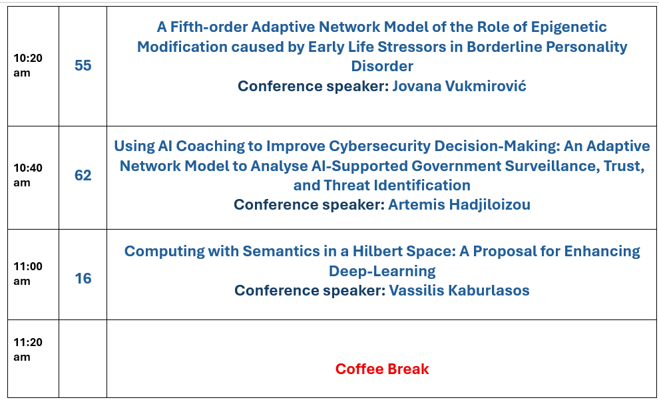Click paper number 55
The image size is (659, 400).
pos(83,65)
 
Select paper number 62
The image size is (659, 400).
pos(83,175)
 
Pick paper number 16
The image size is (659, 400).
pos(83,278)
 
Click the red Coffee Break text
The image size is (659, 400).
pos(382,369)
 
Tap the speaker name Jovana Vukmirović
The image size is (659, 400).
pos(459,86)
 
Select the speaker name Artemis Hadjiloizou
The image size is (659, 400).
pos(459,204)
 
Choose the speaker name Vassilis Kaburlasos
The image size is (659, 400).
pos(459,290)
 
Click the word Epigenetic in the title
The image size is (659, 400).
pos(569,27)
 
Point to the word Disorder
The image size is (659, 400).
pos(382,66)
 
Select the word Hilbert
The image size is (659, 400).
pos(375,251)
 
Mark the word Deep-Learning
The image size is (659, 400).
pos(382,271)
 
